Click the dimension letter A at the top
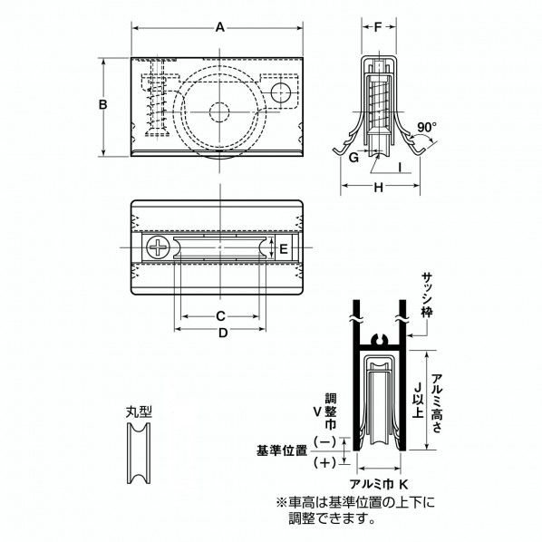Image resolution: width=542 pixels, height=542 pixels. (219, 28)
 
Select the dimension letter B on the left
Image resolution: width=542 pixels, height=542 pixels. (103, 105)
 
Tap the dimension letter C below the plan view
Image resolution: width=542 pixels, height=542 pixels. (219, 316)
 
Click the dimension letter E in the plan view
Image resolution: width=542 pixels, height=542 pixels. (283, 248)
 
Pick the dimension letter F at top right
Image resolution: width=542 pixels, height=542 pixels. (378, 28)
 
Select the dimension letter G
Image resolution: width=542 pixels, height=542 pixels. (353, 157)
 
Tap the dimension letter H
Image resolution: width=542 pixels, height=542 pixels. (378, 187)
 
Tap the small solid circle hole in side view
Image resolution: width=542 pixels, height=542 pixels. (280, 92)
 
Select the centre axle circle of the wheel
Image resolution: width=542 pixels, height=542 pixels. (219, 111)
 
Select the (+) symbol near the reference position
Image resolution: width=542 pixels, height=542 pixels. (322, 463)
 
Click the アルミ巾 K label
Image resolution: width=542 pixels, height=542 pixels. (378, 483)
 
